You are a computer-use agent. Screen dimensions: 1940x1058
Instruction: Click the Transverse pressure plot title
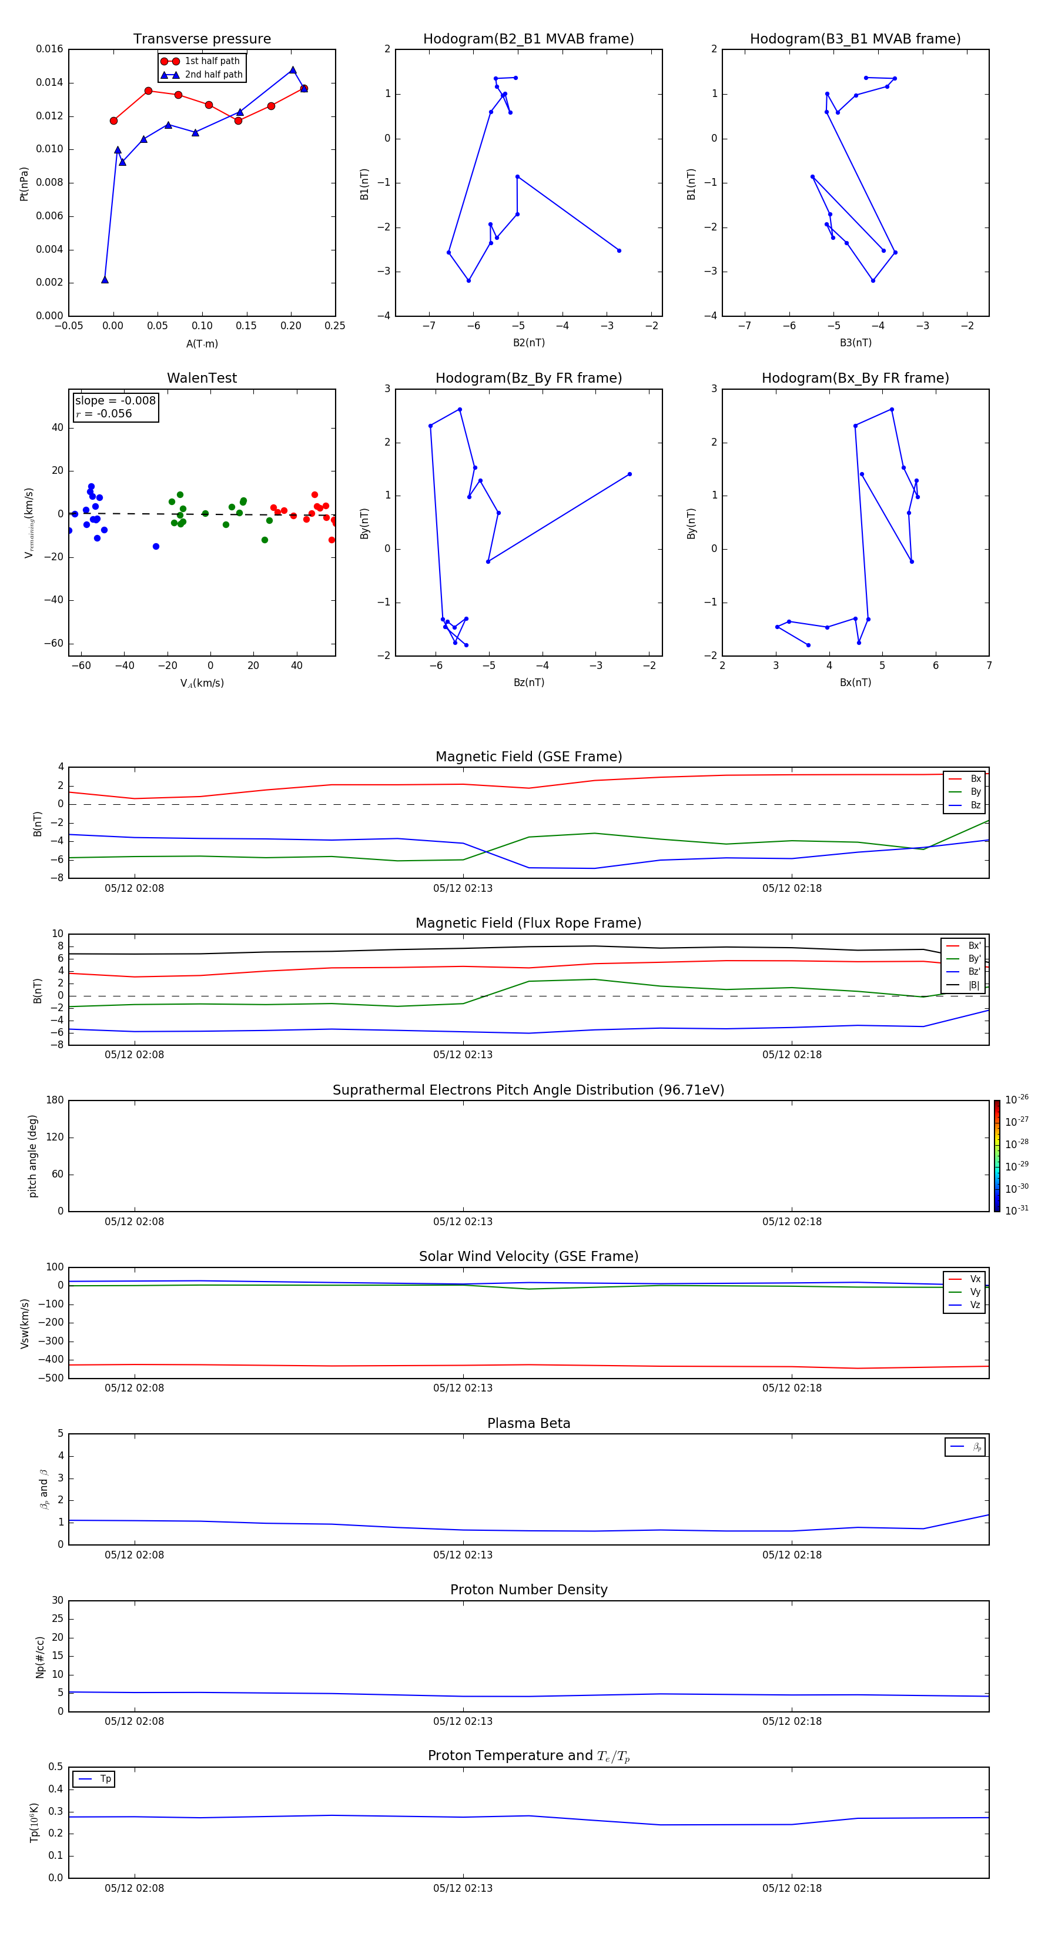202,39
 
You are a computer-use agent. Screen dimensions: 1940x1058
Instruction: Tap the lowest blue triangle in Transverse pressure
105,279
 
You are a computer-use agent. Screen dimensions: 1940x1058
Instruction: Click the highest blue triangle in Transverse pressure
293,70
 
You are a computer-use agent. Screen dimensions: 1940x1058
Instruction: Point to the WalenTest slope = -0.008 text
115,401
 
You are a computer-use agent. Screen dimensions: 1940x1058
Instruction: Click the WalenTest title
202,378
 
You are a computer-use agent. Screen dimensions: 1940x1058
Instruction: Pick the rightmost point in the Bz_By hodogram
630,474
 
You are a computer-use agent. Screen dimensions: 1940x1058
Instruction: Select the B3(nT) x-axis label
855,343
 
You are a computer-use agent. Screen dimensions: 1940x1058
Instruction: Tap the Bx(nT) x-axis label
855,683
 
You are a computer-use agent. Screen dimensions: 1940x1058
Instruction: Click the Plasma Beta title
528,1423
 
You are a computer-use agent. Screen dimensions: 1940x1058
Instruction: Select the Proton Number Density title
528,1590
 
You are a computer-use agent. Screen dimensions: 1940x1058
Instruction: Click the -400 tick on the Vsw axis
52,1359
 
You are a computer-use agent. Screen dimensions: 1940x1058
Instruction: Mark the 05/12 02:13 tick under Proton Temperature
463,1888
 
